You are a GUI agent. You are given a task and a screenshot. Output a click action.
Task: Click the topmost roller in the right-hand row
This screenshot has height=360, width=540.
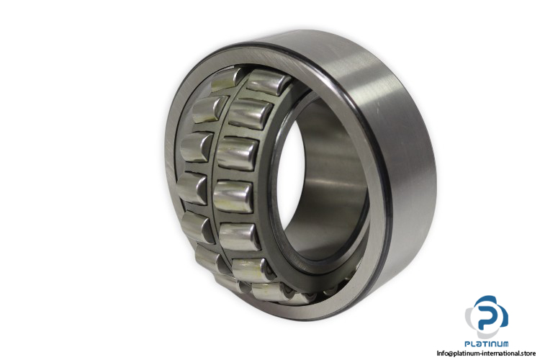coord(269,83)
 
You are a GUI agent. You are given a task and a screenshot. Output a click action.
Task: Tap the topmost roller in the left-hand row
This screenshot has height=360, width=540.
coord(226,80)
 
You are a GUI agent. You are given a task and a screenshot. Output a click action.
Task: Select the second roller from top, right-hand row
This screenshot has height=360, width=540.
coord(251,114)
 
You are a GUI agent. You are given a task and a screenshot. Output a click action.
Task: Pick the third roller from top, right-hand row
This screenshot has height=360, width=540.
coord(238,153)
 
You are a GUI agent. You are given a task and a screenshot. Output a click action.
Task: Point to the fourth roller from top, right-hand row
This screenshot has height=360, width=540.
coord(233,197)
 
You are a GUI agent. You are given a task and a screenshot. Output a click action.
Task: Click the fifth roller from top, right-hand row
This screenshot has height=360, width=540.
coord(239,237)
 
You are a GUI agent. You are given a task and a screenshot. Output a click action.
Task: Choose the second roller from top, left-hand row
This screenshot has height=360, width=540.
coord(208,109)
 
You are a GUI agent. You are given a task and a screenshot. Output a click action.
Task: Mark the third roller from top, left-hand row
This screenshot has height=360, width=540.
coord(197,147)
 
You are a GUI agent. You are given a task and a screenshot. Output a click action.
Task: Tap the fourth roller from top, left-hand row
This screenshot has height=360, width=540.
coord(192,188)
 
